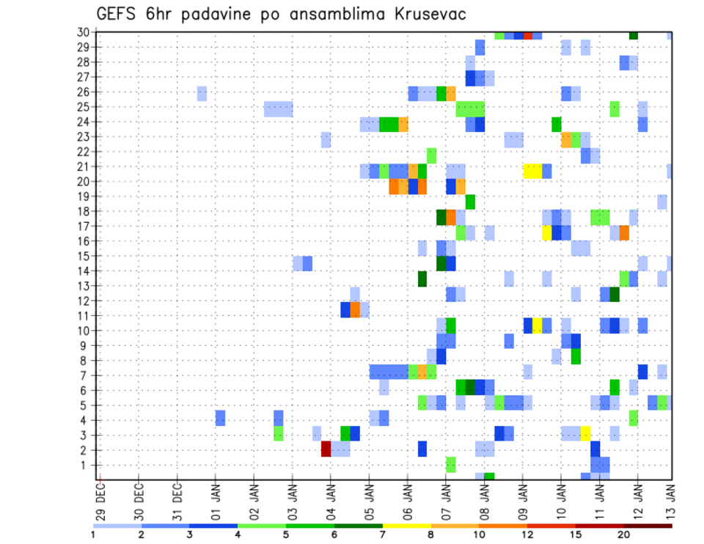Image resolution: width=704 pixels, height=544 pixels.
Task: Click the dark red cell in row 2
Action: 326,449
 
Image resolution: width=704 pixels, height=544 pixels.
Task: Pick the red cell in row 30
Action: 527,35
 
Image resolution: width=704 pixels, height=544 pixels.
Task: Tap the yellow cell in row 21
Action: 532,171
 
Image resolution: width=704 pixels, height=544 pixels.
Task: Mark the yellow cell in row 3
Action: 585,433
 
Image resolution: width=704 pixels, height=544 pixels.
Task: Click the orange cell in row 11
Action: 355,309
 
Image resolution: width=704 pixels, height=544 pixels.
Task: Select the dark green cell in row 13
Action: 422,279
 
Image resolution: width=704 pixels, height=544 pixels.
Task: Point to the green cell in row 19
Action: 470,201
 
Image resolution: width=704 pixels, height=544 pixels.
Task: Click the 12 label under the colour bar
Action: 527,534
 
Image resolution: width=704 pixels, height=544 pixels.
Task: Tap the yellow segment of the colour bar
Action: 406,526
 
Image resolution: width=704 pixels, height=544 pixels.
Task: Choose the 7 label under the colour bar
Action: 383,534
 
